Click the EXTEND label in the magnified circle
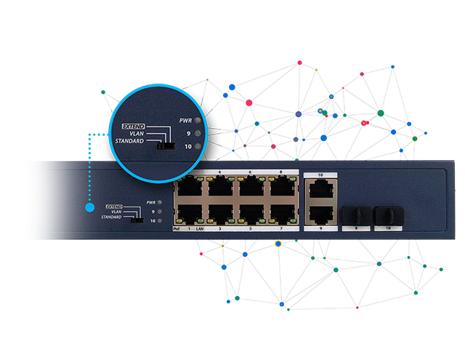click(135, 125)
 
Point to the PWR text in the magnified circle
click(185, 120)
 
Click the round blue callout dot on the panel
click(90, 209)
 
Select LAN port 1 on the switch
click(190, 214)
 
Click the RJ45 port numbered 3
click(220, 214)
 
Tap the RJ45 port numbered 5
click(251, 214)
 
